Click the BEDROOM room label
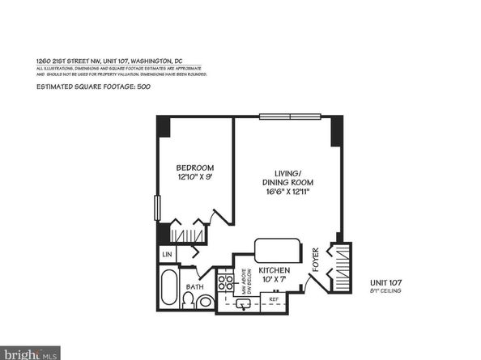(x=195, y=168)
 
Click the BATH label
(x=194, y=287)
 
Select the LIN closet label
(x=168, y=255)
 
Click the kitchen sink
(x=243, y=305)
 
